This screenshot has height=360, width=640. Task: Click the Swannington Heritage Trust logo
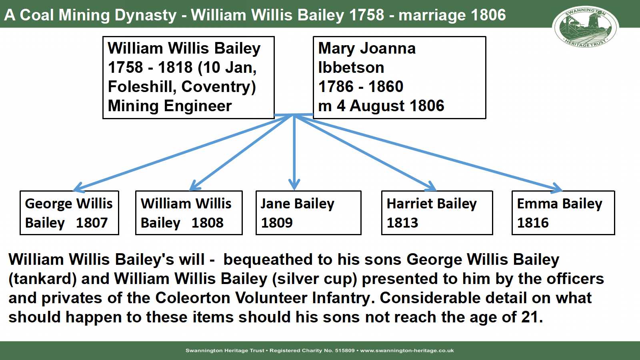click(586, 27)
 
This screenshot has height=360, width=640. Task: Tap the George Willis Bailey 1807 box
click(70, 213)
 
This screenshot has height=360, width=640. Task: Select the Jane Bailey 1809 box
click(308, 213)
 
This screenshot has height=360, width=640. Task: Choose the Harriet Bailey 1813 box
click(437, 213)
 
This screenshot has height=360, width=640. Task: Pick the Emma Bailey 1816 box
click(564, 213)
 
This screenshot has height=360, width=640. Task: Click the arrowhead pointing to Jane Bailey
click(294, 184)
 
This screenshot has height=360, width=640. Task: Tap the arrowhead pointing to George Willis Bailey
click(78, 188)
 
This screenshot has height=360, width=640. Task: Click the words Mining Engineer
click(170, 106)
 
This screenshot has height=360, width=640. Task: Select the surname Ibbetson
click(351, 68)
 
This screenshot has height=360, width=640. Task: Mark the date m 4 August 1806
click(381, 106)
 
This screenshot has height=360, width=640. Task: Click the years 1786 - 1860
click(360, 86)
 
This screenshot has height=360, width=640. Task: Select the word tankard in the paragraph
click(42, 279)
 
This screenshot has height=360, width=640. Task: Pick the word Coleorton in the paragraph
click(192, 298)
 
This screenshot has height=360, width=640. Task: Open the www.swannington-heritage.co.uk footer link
click(407, 350)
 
